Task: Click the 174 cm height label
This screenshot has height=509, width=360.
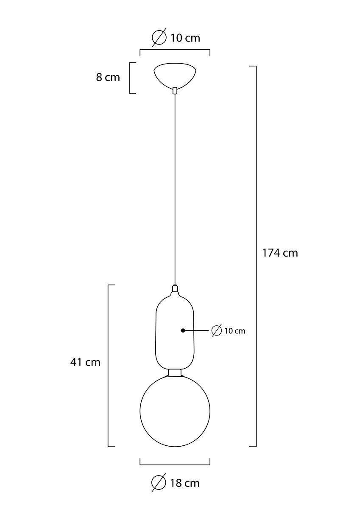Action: pos(280,253)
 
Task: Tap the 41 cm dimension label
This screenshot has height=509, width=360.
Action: pos(85,362)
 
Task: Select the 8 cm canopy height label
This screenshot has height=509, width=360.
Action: pos(108,77)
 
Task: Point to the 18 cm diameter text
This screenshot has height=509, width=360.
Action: pos(185,483)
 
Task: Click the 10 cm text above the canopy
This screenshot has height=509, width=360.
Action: pos(185,38)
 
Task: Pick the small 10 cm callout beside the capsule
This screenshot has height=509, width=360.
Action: pos(235,331)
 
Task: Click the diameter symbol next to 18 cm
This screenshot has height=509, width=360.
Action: pos(159,483)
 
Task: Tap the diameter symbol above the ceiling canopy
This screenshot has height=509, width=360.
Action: pos(159,37)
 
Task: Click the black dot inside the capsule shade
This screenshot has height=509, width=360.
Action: pos(183,330)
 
